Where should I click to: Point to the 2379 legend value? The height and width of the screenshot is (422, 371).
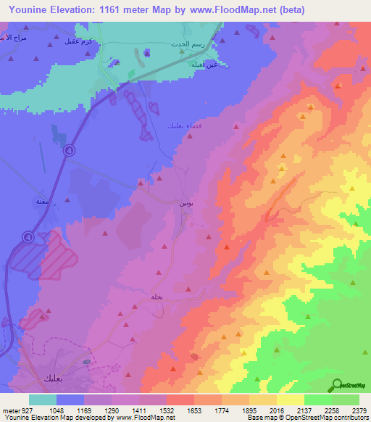point(359,410)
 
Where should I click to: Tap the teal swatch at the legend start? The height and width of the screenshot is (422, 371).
point(43,400)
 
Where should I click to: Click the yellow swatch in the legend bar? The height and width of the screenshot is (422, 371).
point(291,400)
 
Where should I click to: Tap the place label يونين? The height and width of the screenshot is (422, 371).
point(186,204)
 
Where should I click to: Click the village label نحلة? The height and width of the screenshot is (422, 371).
point(157,296)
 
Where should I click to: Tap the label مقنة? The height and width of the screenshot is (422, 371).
point(42,202)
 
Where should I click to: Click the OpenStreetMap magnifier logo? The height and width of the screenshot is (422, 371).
point(338,384)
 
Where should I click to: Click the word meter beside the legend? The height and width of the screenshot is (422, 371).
point(9,410)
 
